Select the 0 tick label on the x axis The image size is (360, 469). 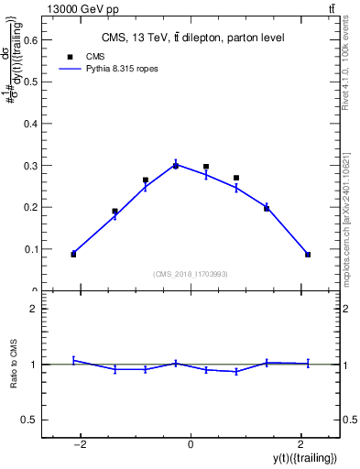coord(191,445)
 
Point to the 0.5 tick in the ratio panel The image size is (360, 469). coord(30,420)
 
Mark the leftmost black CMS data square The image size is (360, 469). coord(73,254)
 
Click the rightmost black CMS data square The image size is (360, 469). coord(308,255)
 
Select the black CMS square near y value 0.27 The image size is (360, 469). coord(236,178)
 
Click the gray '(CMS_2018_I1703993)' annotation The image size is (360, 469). coord(191,274)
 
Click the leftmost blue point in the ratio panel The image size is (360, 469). coord(73,360)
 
